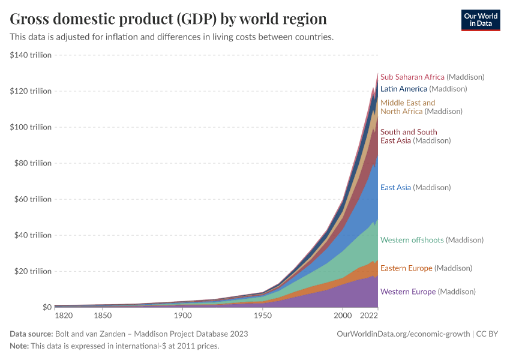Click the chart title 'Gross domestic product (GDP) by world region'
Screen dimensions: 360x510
(x=168, y=19)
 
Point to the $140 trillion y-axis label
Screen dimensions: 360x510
(x=31, y=55)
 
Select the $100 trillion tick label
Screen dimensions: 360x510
(x=31, y=127)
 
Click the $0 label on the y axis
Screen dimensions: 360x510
(x=46, y=307)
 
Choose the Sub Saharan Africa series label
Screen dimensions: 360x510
(x=432, y=77)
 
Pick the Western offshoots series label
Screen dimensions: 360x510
(x=431, y=240)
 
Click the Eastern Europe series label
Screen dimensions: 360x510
(x=426, y=268)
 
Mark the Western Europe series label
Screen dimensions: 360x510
(x=428, y=292)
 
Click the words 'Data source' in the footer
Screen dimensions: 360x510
(x=31, y=334)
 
